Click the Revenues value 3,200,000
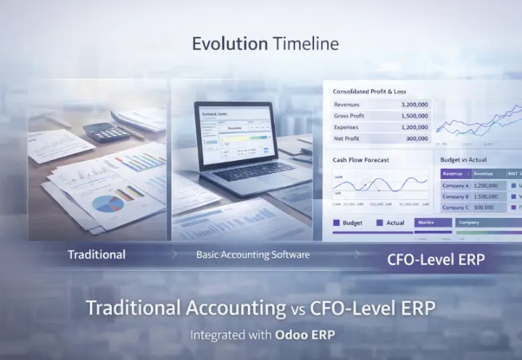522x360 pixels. coord(414,105)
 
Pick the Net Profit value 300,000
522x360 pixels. coord(417,138)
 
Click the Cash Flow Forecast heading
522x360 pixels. coord(361,159)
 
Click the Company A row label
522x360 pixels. coord(456,185)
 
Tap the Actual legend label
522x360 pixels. coord(395,223)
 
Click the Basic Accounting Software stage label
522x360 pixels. coord(253,255)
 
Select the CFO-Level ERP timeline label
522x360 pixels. coord(436,259)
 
